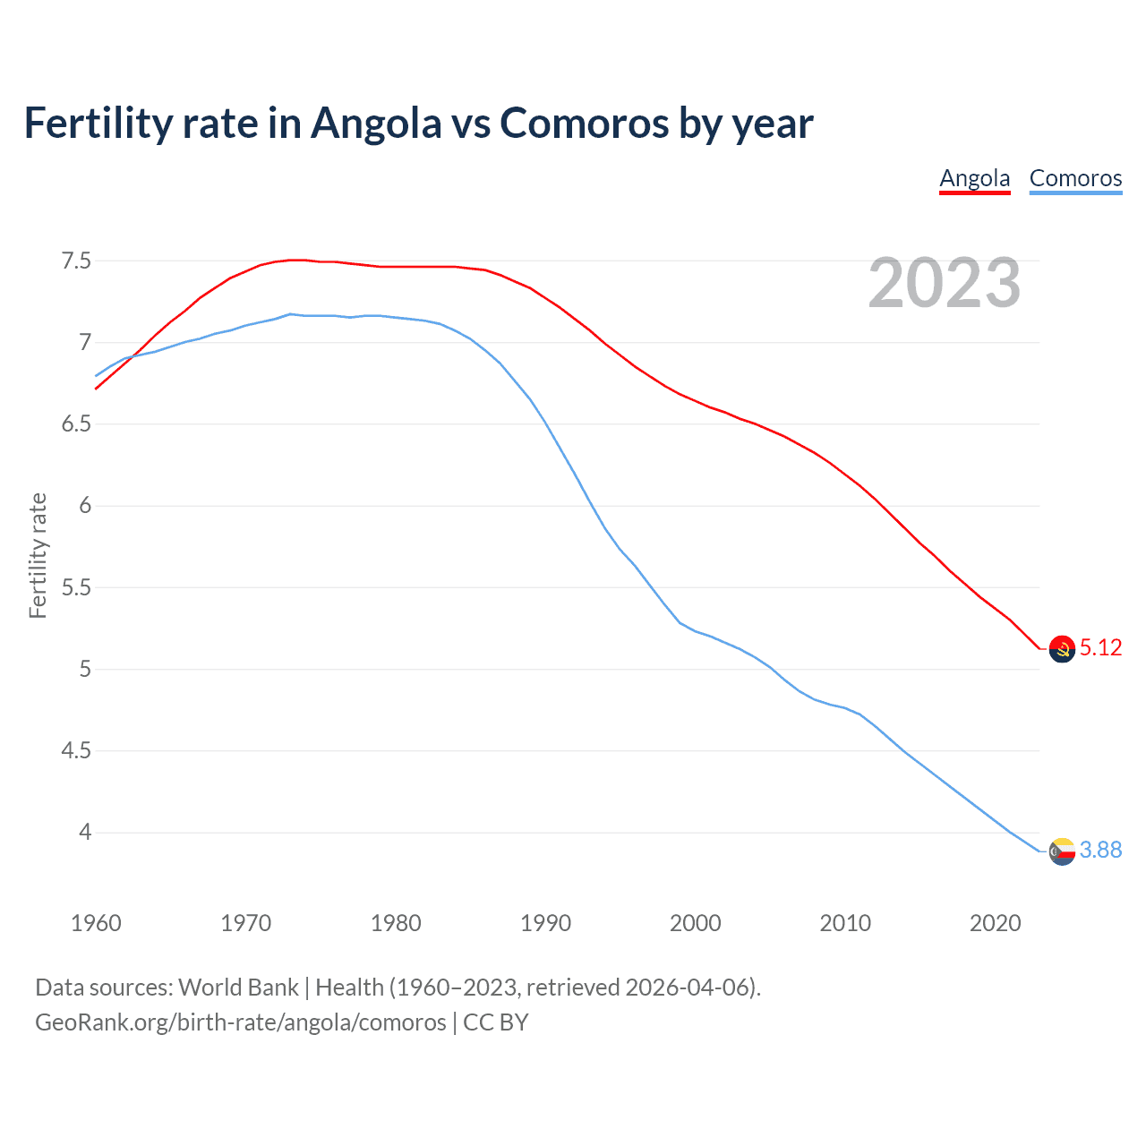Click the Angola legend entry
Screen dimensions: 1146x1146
click(x=974, y=178)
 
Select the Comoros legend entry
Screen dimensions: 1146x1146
click(x=1075, y=178)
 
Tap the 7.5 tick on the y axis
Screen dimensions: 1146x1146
click(x=76, y=261)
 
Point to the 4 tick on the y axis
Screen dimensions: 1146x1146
click(x=85, y=832)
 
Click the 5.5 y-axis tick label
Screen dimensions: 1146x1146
click(x=76, y=587)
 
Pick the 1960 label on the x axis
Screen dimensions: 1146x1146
click(x=96, y=923)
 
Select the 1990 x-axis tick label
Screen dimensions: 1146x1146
click(x=545, y=923)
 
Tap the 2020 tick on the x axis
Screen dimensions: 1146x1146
click(x=995, y=923)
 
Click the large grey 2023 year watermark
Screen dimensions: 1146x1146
click(x=944, y=283)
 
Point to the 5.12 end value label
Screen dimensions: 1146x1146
click(x=1100, y=647)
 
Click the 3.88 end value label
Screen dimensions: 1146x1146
click(x=1100, y=850)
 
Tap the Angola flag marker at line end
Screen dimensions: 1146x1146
click(x=1062, y=648)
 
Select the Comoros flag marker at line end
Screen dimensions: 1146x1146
click(x=1062, y=851)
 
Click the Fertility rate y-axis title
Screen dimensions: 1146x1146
click(x=38, y=555)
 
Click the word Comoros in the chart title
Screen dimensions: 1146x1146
click(x=584, y=123)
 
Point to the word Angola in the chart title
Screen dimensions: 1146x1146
click(x=376, y=123)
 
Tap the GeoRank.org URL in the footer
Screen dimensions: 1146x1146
click(x=240, y=1022)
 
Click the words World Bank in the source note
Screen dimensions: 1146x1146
click(x=238, y=987)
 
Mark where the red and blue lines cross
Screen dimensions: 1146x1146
click(x=132, y=355)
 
